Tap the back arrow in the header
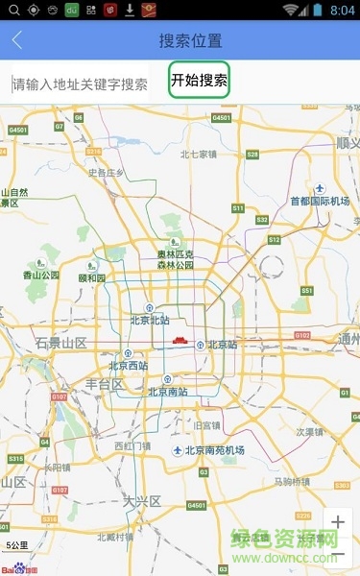click(17, 41)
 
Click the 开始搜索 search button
click(199, 82)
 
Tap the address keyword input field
click(82, 84)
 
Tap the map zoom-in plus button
click(337, 523)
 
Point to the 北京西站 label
click(128, 365)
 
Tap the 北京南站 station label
click(167, 391)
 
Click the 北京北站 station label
click(149, 320)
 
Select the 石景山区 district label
click(60, 343)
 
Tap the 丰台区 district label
click(104, 384)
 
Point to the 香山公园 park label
click(41, 275)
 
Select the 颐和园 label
click(91, 277)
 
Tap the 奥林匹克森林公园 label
click(176, 259)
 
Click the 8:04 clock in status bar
click(342, 10)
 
